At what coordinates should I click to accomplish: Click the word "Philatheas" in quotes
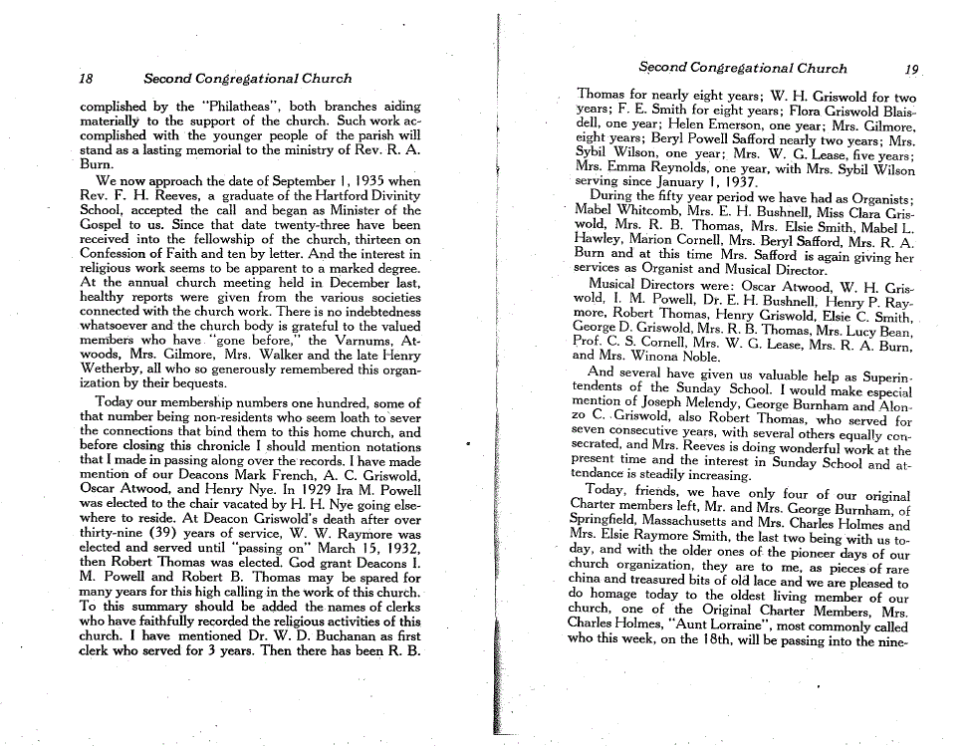tap(219, 106)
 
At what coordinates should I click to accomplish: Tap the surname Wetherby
tap(116, 370)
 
